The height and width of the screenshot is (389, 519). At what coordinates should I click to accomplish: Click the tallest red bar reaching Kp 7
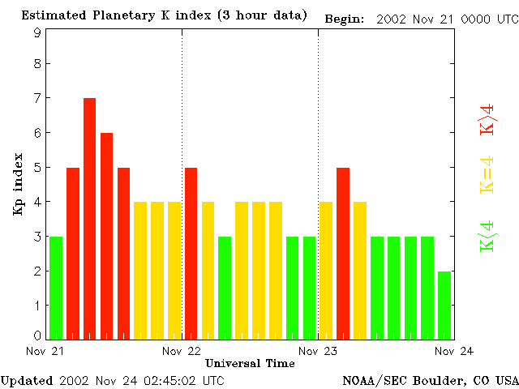[89, 217]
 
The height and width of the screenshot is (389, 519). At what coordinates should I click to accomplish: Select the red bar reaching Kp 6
[106, 235]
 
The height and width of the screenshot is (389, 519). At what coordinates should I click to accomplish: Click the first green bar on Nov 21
[55, 287]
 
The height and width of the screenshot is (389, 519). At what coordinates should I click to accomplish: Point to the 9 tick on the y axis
[37, 33]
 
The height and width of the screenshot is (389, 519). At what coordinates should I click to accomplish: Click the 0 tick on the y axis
[37, 336]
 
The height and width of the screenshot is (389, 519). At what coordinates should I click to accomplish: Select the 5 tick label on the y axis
[37, 168]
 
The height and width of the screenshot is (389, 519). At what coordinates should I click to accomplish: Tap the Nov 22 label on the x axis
[182, 351]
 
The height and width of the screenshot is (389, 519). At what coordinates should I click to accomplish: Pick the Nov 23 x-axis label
[318, 351]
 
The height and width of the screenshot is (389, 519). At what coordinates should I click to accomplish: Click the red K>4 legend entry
[487, 118]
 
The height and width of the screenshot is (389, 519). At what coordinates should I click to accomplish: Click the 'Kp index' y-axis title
[18, 185]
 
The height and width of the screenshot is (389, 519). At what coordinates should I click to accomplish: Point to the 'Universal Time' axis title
[250, 363]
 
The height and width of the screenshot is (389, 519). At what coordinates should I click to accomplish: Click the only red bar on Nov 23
[343, 252]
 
